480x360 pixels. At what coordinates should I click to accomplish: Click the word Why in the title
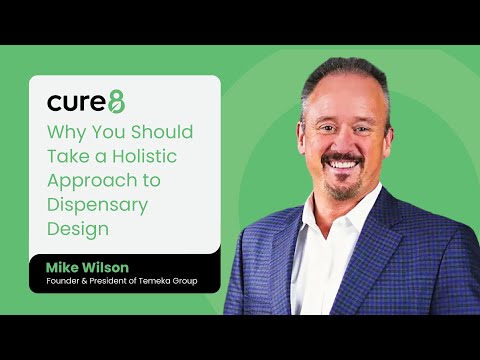[67, 131]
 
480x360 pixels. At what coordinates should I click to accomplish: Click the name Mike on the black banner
[65, 267]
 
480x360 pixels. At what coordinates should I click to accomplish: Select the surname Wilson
[112, 267]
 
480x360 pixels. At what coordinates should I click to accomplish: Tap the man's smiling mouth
[342, 162]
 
